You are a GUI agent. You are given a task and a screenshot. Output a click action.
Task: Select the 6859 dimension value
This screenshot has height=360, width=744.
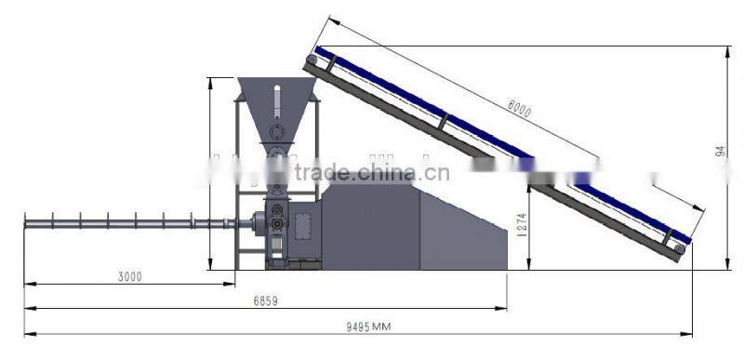pos(264,301)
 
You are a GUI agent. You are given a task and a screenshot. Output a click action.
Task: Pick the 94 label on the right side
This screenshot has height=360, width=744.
pos(721,150)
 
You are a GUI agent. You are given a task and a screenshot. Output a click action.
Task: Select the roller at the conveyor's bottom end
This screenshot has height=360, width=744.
pos(680,248)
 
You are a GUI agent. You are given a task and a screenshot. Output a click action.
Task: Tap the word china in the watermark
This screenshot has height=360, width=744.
pos(384,172)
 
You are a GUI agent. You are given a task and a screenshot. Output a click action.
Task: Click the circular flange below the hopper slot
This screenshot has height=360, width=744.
pos(276,130)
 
